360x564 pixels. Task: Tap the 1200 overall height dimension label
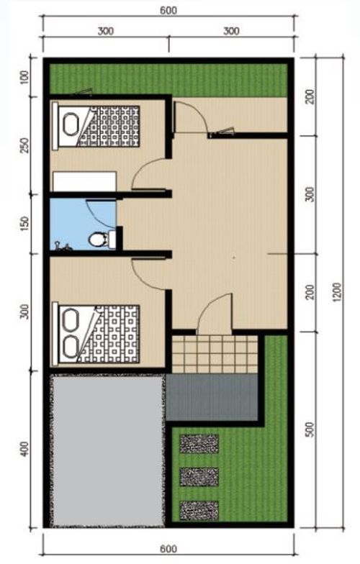click(x=336, y=292)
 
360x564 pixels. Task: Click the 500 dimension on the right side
click(x=310, y=429)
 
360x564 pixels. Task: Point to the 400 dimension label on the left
click(x=24, y=449)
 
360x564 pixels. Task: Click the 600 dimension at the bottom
click(x=168, y=549)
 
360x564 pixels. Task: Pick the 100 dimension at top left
click(x=24, y=78)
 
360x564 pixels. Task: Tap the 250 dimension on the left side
click(x=24, y=145)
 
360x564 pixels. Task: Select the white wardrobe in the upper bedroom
click(x=85, y=181)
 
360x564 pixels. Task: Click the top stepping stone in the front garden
click(x=199, y=443)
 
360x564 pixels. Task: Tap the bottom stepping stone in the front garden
click(x=199, y=511)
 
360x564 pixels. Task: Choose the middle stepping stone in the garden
click(x=199, y=477)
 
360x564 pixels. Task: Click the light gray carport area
click(x=107, y=450)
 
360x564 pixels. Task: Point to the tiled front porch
click(x=215, y=354)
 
